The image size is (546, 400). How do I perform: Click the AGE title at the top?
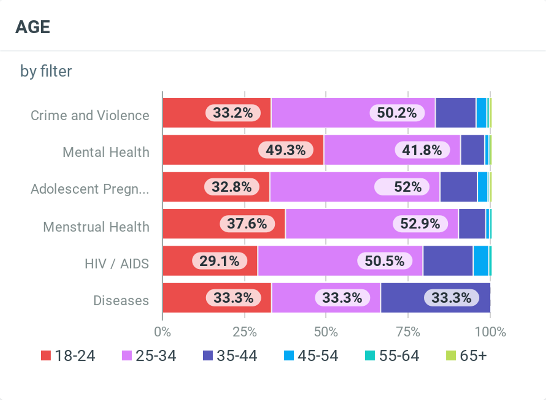(33, 27)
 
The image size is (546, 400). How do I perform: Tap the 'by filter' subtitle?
(46, 71)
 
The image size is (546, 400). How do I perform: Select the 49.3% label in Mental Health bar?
(286, 150)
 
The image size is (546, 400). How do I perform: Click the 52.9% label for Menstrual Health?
(420, 223)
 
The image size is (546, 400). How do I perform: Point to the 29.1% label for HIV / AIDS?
(219, 261)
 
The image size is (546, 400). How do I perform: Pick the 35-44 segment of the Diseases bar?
(435, 298)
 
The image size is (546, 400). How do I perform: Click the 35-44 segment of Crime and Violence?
(455, 113)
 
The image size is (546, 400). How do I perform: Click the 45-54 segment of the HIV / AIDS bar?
(481, 261)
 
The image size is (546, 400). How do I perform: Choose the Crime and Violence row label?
(90, 115)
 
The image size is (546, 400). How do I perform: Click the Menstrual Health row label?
(96, 227)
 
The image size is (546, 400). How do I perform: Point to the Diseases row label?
(121, 301)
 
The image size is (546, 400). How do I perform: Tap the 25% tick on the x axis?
(245, 332)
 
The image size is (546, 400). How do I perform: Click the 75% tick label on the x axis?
(408, 332)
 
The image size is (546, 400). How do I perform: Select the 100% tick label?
(490, 332)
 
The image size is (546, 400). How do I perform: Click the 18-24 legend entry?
(68, 356)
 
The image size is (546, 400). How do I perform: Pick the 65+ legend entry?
(466, 356)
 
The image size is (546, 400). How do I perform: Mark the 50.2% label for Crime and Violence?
(397, 113)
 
